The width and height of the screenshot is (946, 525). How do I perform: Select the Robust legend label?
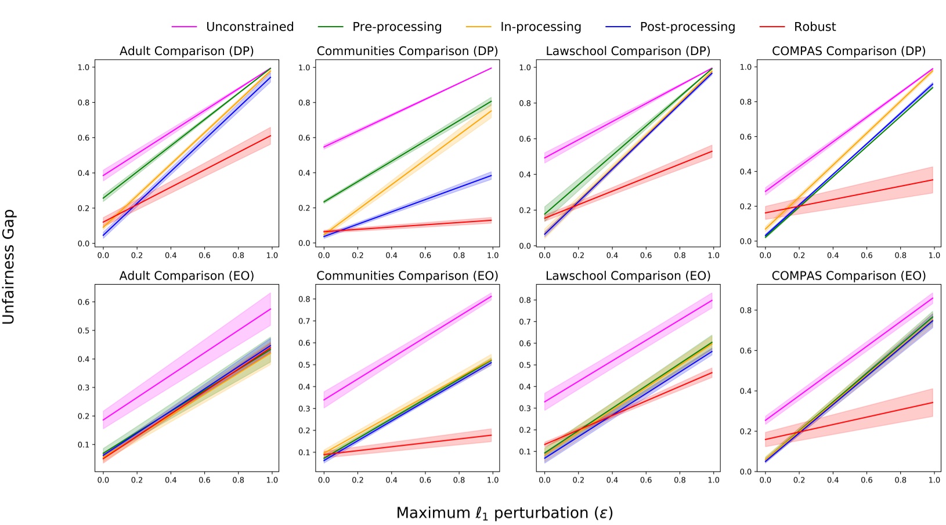click(814, 27)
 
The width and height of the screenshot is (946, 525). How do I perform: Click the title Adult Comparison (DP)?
click(186, 51)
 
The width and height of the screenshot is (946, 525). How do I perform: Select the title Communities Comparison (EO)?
click(407, 276)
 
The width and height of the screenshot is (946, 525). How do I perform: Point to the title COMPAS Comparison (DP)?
click(848, 51)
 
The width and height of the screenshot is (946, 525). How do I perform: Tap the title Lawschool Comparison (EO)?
click(628, 276)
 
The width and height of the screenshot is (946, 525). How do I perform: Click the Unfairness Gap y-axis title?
click(9, 267)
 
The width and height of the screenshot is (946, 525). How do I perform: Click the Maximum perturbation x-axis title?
click(504, 513)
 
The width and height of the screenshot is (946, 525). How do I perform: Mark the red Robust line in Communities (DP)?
click(406, 226)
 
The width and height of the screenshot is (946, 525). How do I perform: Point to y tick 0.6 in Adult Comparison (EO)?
click(84, 302)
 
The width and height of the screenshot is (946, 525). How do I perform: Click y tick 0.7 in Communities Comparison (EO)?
click(304, 321)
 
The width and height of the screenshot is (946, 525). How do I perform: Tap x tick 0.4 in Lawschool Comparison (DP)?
click(612, 255)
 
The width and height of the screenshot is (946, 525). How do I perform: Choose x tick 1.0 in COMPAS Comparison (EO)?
click(934, 480)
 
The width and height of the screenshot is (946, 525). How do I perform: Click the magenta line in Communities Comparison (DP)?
click(406, 108)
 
